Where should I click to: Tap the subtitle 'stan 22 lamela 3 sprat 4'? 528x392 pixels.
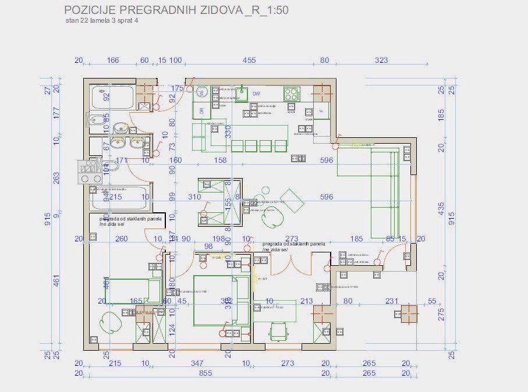pyautogui.click(x=102, y=20)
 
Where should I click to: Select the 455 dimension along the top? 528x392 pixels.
pyautogui.click(x=249, y=60)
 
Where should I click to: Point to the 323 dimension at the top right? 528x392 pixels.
pyautogui.click(x=381, y=60)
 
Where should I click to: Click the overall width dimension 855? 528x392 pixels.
pyautogui.click(x=205, y=373)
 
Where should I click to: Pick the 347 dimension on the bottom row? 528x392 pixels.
pyautogui.click(x=197, y=364)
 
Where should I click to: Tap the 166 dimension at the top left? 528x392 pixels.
pyautogui.click(x=113, y=60)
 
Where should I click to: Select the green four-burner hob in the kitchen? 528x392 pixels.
pyautogui.click(x=292, y=93)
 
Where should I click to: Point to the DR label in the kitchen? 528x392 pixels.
pyautogui.click(x=201, y=111)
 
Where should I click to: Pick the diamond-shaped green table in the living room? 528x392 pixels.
pyautogui.click(x=291, y=201)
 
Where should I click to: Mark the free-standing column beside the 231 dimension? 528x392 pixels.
pyautogui.click(x=409, y=314)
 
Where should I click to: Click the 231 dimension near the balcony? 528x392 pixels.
pyautogui.click(x=392, y=301)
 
